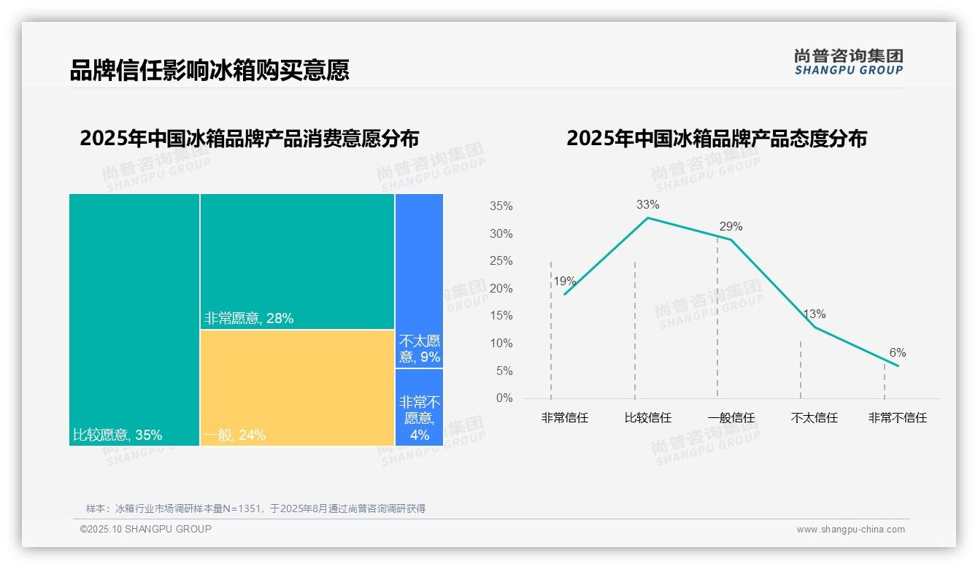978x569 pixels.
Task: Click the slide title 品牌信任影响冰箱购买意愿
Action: click(x=209, y=70)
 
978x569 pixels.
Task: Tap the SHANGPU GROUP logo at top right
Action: click(x=848, y=62)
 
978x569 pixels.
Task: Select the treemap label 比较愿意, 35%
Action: click(x=118, y=436)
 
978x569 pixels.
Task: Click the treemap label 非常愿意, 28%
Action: click(x=249, y=319)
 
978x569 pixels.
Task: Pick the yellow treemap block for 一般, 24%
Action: click(x=297, y=387)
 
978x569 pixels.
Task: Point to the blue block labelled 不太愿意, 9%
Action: click(x=420, y=349)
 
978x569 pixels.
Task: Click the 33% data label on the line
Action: click(x=647, y=205)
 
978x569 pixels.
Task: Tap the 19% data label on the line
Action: click(x=564, y=282)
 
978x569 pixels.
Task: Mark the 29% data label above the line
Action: click(x=731, y=227)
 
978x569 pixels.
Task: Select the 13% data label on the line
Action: click(x=814, y=314)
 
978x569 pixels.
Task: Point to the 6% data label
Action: click(x=897, y=353)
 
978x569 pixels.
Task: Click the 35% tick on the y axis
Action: click(x=501, y=206)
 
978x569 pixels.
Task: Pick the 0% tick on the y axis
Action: click(x=504, y=398)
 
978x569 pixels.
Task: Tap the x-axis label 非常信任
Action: click(x=564, y=418)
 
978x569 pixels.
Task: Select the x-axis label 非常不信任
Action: click(x=897, y=418)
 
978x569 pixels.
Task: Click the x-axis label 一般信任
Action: click(x=731, y=418)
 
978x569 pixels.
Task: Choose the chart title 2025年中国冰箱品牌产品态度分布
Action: click(x=716, y=139)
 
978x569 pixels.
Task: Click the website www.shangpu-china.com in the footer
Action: click(x=850, y=530)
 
